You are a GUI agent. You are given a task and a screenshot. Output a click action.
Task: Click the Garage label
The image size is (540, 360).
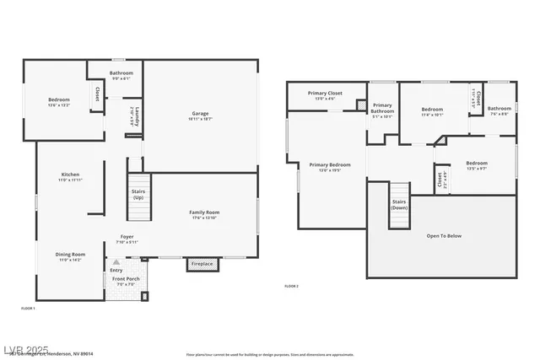pyautogui.click(x=200, y=114)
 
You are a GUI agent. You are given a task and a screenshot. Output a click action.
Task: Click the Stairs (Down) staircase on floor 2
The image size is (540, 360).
pyautogui.click(x=399, y=205)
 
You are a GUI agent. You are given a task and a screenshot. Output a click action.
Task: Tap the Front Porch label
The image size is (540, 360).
pyautogui.click(x=126, y=279)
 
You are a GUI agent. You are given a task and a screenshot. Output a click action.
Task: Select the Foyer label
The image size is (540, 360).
pyautogui.click(x=127, y=237)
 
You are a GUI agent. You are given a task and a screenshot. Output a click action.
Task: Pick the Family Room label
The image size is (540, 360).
pyautogui.click(x=203, y=212)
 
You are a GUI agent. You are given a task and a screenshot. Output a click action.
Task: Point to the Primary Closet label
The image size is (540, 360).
pyautogui.click(x=325, y=94)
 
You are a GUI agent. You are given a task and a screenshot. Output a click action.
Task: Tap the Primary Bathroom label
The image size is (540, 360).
pyautogui.click(x=382, y=108)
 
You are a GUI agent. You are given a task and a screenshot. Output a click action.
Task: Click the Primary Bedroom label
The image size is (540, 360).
pyautogui.click(x=330, y=164)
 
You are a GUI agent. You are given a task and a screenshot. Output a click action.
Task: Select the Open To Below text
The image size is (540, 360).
pyautogui.click(x=444, y=236)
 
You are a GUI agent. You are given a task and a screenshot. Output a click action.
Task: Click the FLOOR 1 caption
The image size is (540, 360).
pyautogui.click(x=28, y=309)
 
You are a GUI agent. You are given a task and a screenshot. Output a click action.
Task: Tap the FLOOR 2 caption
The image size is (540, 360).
pyautogui.click(x=291, y=287)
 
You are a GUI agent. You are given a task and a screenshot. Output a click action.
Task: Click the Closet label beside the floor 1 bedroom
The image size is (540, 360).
pyautogui.click(x=97, y=94)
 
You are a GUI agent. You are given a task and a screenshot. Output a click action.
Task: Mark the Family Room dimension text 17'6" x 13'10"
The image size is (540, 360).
pyautogui.click(x=203, y=218)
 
